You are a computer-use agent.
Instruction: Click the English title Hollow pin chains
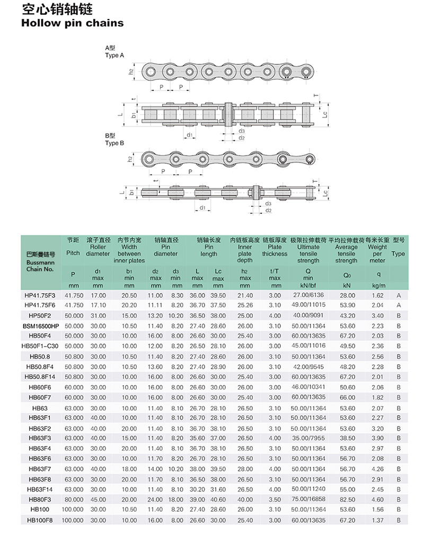(72, 23)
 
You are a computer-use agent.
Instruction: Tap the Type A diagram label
(114, 55)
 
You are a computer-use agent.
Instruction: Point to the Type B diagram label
(114, 143)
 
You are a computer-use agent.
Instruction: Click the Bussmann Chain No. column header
(40, 261)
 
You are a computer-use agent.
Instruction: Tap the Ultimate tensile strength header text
(308, 253)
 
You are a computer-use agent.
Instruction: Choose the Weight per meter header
(377, 253)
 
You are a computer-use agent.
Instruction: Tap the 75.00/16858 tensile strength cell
(308, 499)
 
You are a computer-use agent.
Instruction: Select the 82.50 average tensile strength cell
(347, 499)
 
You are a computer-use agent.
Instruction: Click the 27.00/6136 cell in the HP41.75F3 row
(308, 295)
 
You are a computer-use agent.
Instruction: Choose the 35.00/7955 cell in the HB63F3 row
(308, 438)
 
